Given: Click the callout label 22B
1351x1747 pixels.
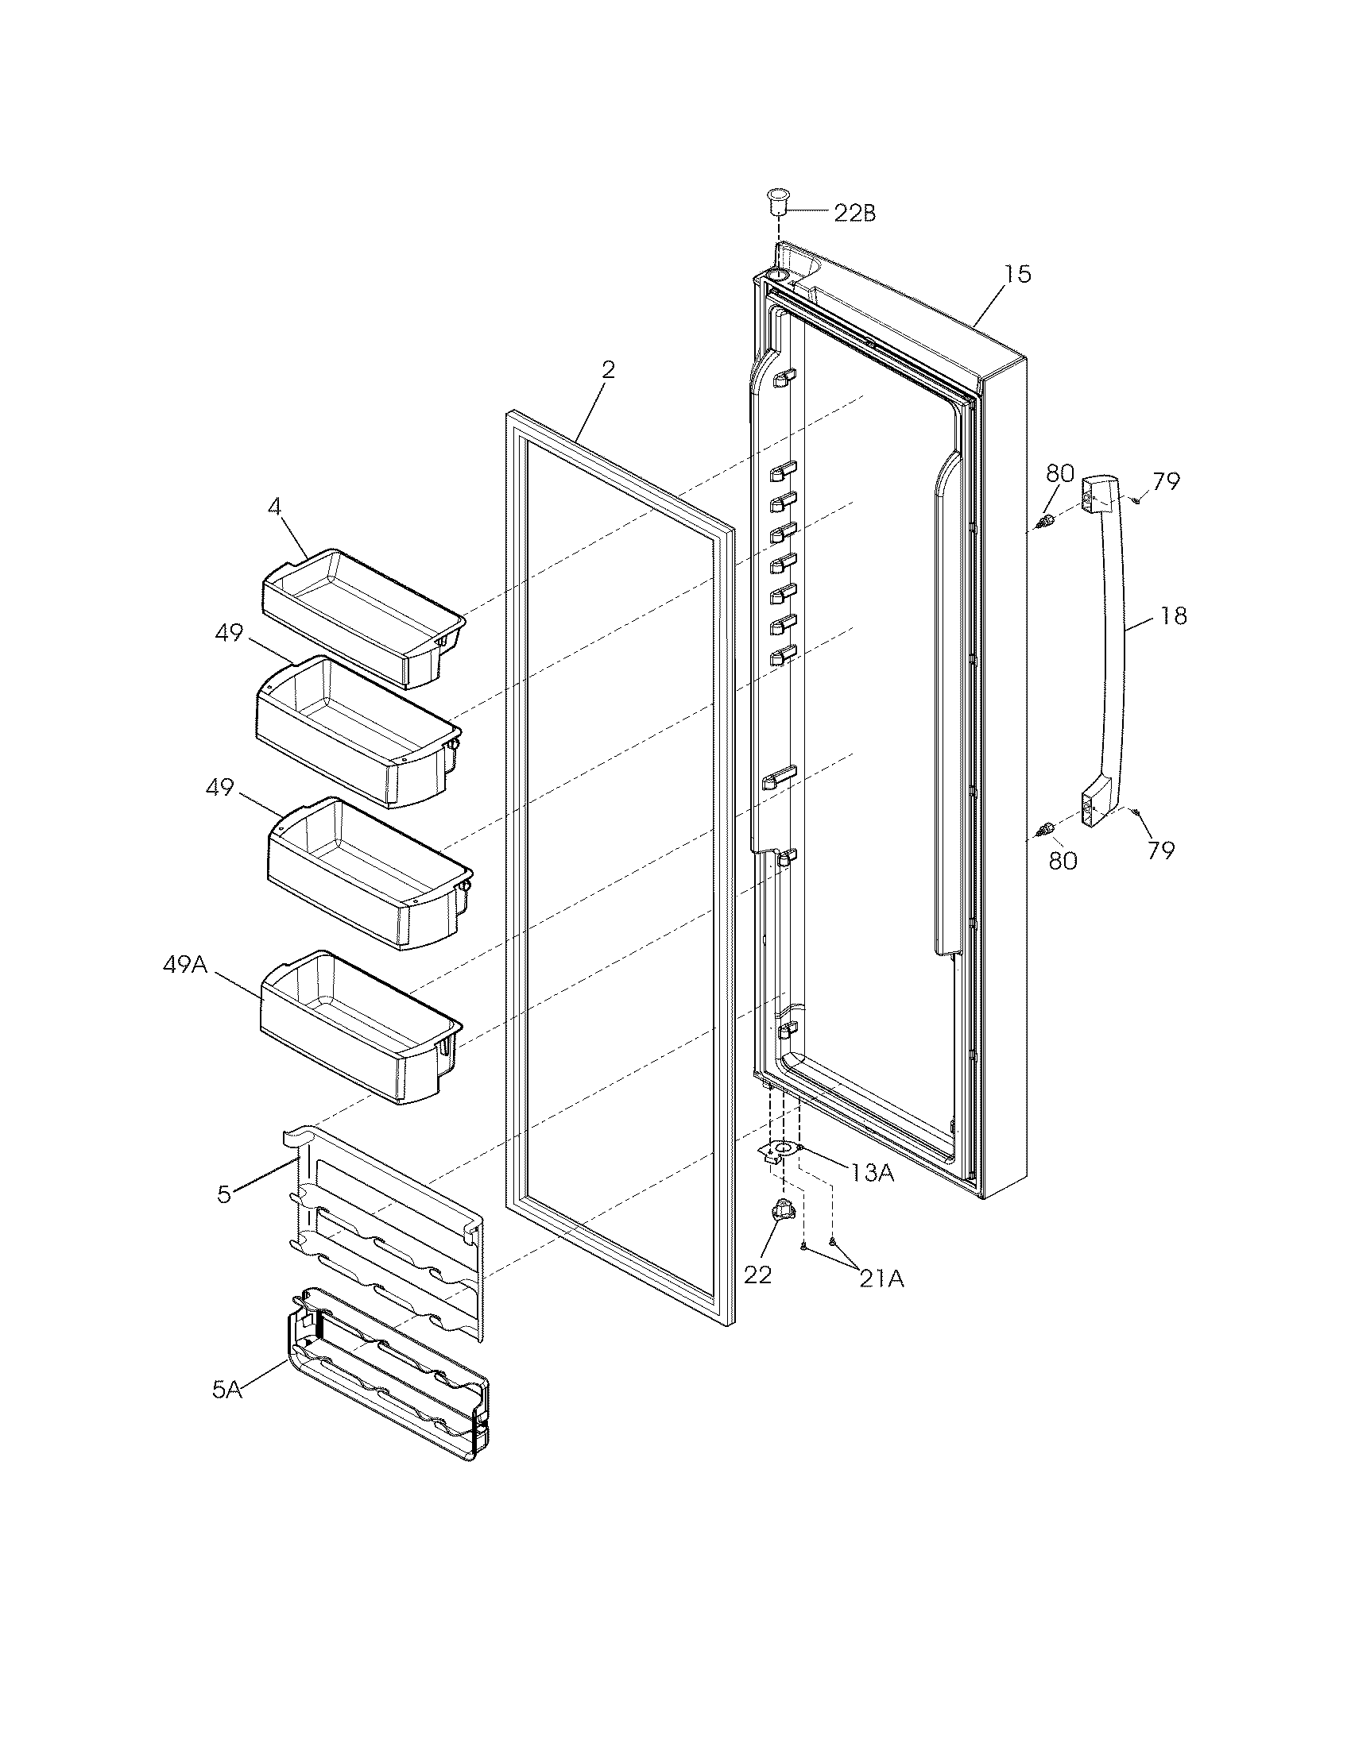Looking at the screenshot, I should [x=854, y=214].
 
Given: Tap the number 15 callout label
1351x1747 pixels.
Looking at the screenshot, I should [x=1018, y=275].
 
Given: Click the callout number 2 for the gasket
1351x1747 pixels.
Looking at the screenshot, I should [x=608, y=369].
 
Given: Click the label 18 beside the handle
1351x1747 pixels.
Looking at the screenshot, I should [x=1173, y=616].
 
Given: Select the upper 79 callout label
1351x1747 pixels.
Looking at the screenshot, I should [x=1165, y=481].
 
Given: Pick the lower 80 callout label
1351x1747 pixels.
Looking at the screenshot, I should [x=1063, y=861].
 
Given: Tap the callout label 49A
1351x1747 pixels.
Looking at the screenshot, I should [x=185, y=965].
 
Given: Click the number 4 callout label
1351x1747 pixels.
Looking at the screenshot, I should [x=274, y=507].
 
